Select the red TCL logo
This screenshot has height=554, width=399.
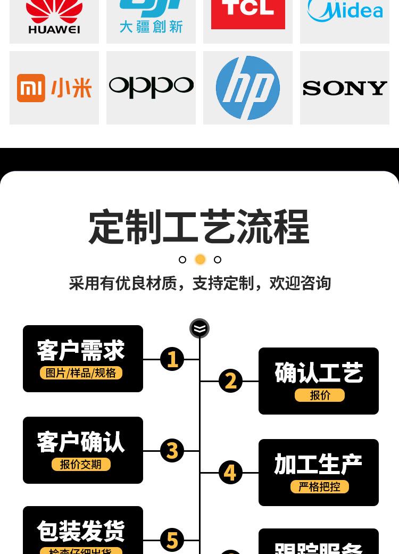pos(248,13)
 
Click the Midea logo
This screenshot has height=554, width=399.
pos(345,11)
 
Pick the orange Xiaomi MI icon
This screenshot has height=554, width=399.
pos(31,88)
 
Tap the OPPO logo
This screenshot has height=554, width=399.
pos(151,87)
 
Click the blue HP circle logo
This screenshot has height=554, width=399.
pos(248,88)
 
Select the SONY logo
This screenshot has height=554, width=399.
pos(345,88)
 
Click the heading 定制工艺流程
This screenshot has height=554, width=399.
pos(199,227)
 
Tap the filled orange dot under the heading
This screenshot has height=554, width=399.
pos(200,259)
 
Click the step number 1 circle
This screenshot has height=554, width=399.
pos(172,359)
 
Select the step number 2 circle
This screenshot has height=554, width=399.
pos(230,381)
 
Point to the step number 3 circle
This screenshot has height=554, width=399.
pos(172,451)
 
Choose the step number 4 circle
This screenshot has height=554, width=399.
pos(230,473)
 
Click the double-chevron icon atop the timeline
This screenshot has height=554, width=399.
pos(199,328)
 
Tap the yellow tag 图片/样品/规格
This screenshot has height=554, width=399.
pos(81,373)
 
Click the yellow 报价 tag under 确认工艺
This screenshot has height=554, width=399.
pos(320,395)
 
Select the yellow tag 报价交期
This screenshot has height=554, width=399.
pos(81,464)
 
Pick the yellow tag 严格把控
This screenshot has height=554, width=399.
pos(320,486)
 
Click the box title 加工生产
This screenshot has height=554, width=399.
pos(318,465)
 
